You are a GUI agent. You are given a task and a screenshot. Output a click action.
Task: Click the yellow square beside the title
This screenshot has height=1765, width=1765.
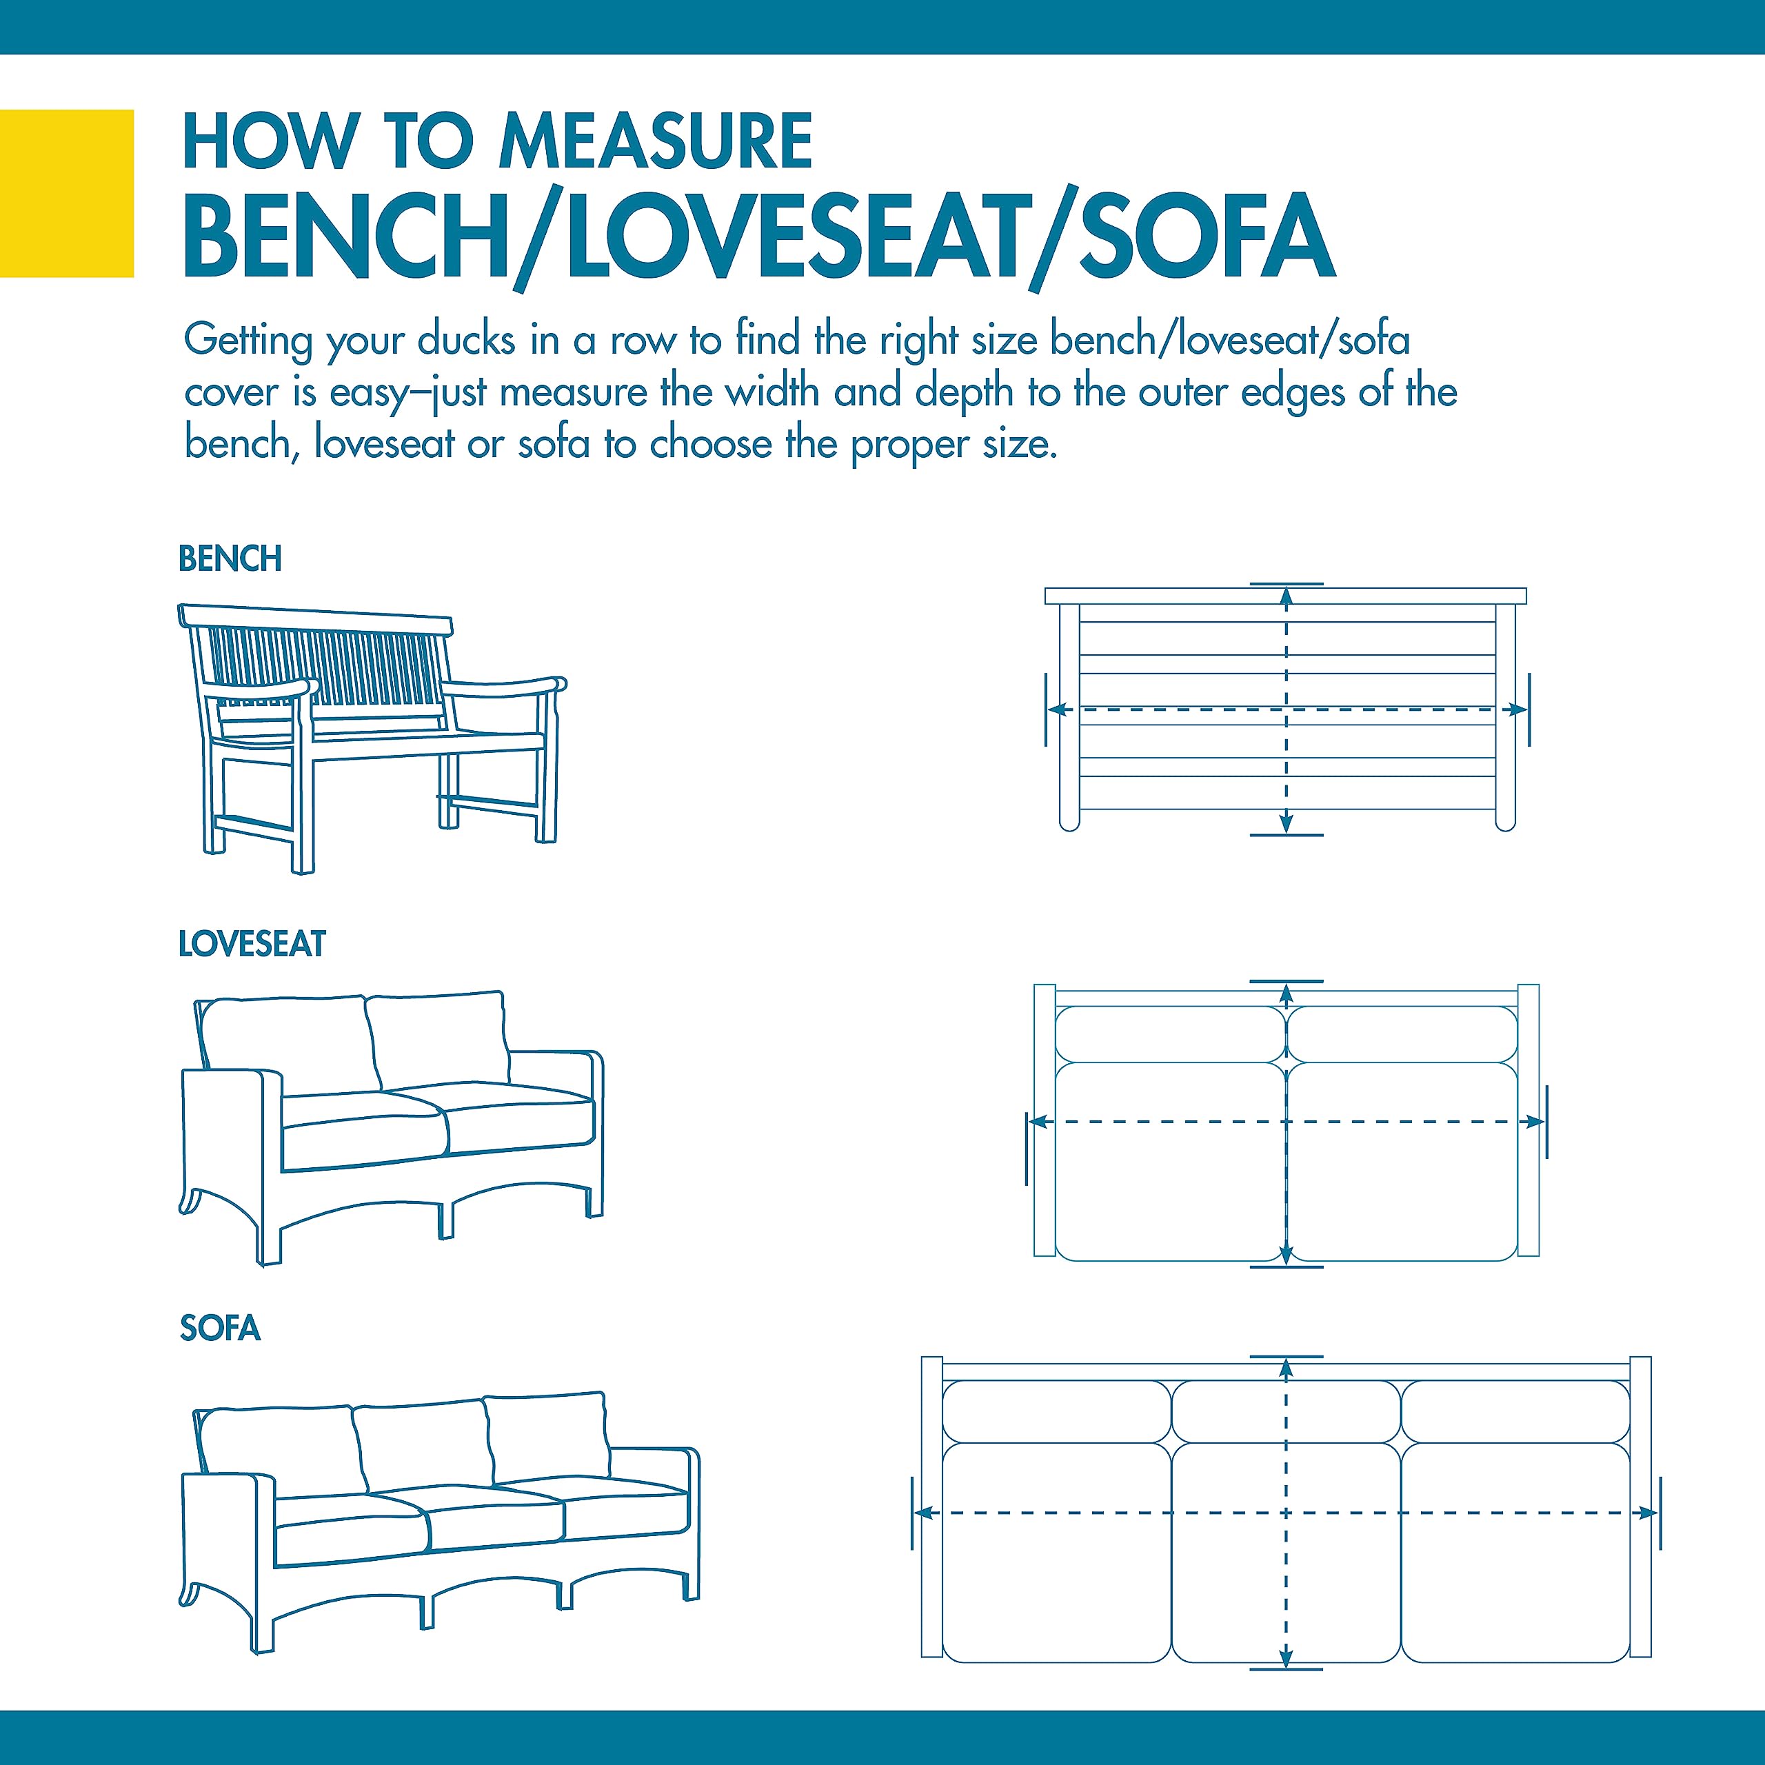(67, 193)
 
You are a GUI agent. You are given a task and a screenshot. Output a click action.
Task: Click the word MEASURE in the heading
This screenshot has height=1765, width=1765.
(656, 141)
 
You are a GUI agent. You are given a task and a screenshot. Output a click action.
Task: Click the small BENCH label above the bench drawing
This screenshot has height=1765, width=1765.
(230, 558)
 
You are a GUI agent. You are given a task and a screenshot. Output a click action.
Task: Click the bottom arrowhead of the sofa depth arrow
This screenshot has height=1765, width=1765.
(1287, 1681)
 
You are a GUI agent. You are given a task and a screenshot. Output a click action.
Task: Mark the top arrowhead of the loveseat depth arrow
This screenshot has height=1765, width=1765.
(1287, 995)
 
